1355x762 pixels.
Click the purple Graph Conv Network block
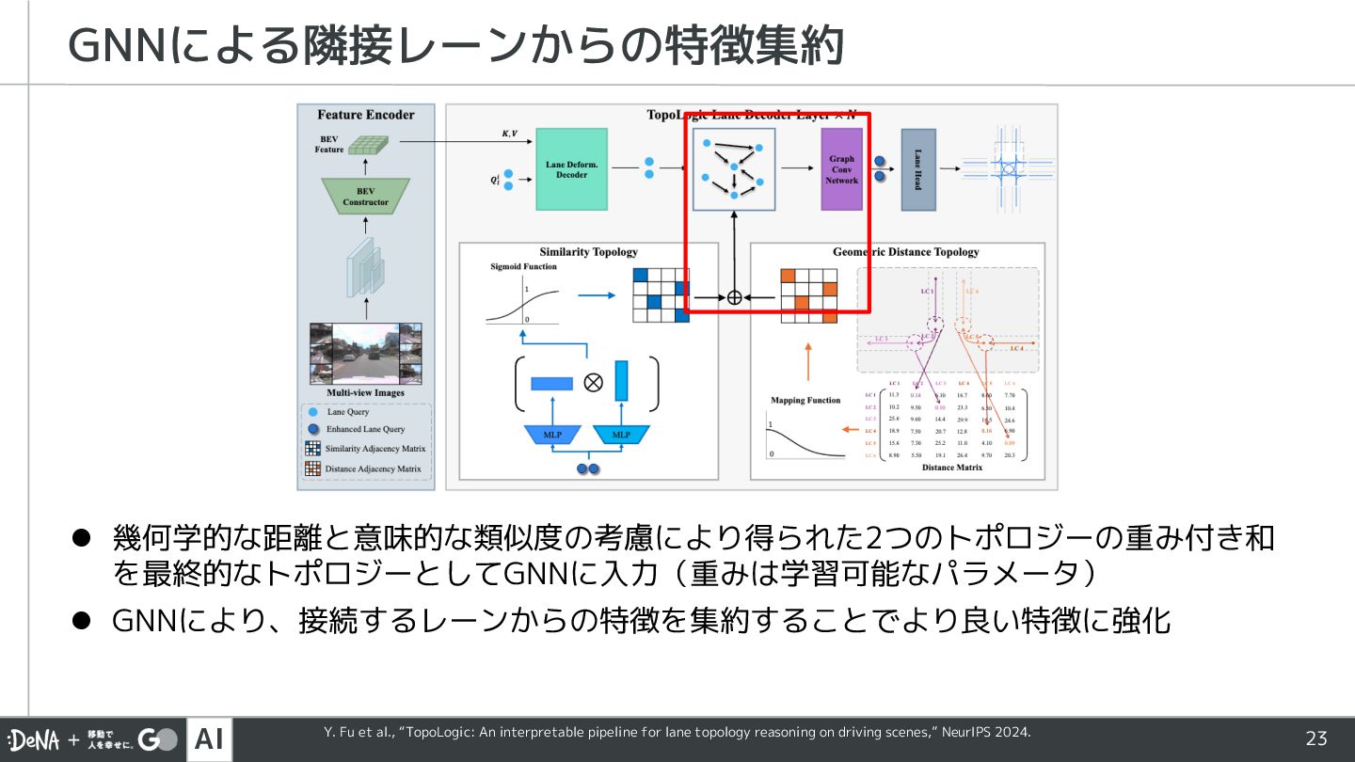[841, 169]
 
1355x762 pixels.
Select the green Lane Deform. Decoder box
[571, 169]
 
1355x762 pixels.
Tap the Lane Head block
[917, 169]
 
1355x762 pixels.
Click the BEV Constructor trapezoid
[365, 196]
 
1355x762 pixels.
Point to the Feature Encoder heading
[366, 115]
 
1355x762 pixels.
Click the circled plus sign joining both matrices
[735, 297]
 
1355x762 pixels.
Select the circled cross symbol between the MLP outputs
[594, 381]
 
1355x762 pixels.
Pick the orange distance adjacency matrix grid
[808, 295]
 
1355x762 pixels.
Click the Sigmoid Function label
[523, 266]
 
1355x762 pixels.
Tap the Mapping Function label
[805, 400]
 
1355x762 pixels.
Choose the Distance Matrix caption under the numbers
[951, 468]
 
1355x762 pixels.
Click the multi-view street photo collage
[365, 353]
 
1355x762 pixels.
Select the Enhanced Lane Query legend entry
[365, 429]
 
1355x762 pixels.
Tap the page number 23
[1315, 738]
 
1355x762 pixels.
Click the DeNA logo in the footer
[34, 740]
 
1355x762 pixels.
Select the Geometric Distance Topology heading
[905, 252]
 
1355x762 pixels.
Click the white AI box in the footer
[209, 739]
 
